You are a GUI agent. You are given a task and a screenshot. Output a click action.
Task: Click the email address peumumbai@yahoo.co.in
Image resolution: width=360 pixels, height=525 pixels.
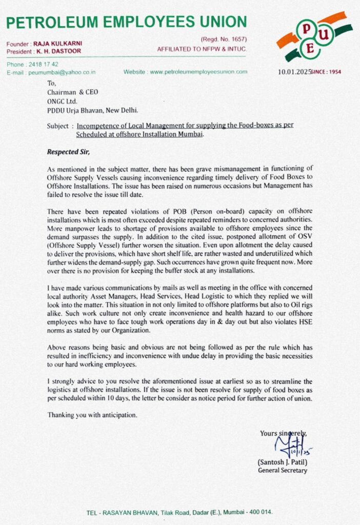(62, 73)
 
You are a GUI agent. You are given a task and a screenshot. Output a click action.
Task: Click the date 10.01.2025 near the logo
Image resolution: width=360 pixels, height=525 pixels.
(295, 72)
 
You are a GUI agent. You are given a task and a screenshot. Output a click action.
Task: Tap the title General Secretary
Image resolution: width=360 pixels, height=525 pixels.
(283, 471)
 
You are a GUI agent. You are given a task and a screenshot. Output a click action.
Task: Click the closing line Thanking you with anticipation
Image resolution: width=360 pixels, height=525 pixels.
(92, 415)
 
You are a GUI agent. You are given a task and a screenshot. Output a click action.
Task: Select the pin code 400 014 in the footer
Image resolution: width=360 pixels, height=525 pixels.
(260, 512)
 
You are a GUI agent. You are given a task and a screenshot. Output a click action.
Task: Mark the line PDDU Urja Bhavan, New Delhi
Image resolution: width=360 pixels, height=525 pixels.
(92, 110)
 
